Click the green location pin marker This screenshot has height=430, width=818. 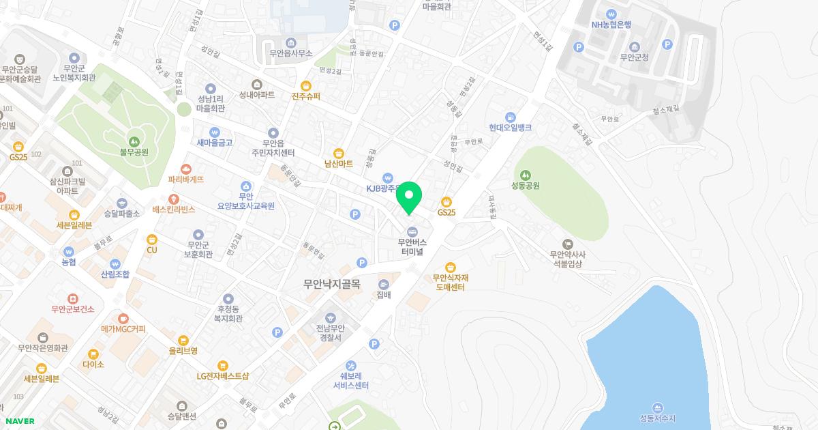point(409,197)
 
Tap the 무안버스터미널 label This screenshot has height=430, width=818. point(412,246)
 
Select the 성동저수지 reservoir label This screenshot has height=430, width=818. point(657,418)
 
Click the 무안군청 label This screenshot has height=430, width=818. point(635,58)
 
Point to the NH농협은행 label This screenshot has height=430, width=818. point(611,25)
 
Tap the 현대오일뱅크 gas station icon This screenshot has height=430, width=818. point(510,117)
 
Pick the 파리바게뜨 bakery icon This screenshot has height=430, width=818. point(186,169)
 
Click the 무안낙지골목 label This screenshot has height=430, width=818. point(332,284)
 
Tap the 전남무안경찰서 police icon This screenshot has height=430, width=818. point(331,317)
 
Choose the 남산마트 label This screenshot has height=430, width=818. point(339,164)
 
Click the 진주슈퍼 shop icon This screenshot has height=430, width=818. point(305,86)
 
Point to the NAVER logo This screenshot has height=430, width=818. point(20,421)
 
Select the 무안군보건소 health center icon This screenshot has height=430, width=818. point(72,299)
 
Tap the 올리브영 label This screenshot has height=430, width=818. point(183,351)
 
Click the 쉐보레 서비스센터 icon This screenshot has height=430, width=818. point(351,365)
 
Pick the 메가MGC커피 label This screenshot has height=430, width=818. point(123,329)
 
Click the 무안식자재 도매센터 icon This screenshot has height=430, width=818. point(450,267)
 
